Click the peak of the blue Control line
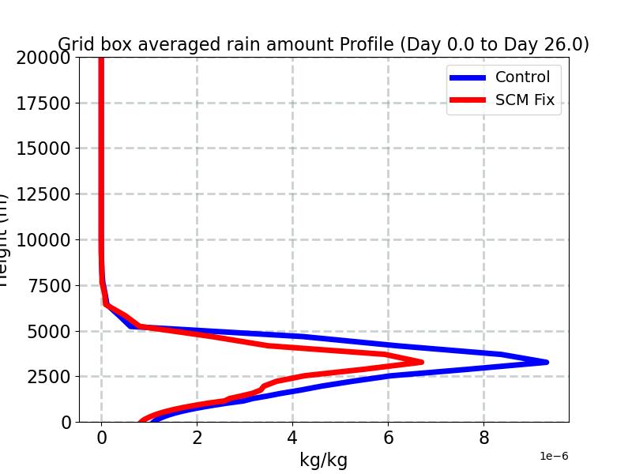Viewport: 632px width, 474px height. coord(546,362)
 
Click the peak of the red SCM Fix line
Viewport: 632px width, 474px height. coord(422,362)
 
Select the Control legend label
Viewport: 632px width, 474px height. coord(522,77)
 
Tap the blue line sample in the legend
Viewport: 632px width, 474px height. coord(467,77)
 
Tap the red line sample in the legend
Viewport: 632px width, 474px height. coord(467,100)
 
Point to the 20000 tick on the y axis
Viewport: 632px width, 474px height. coord(43,58)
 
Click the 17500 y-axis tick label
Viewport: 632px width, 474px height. coord(43,103)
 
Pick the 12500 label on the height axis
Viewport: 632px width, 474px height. coord(43,194)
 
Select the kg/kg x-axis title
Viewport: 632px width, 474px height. coord(323,461)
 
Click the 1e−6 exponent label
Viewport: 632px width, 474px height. coord(554,457)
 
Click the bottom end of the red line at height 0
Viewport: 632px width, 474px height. coord(142,421)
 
